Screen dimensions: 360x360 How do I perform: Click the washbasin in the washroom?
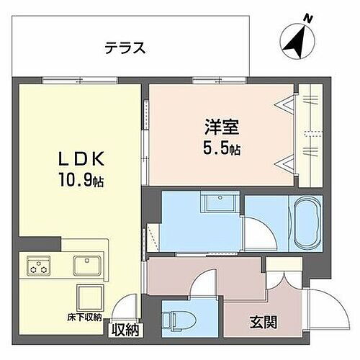click(x=219, y=202)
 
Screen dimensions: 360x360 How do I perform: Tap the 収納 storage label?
click(x=126, y=330)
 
